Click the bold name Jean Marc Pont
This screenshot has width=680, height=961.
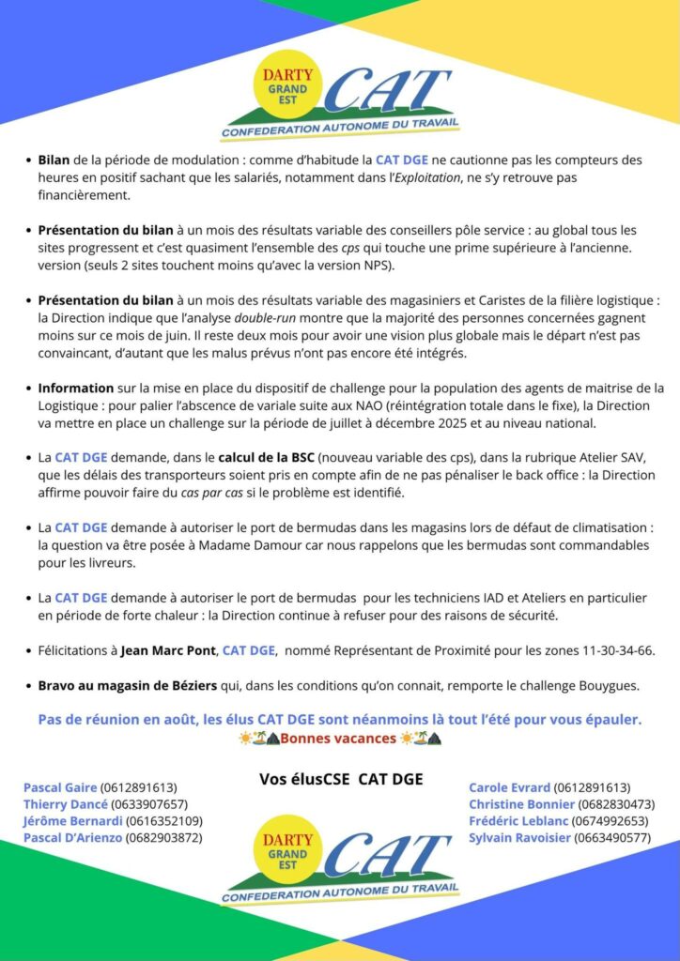[169, 649]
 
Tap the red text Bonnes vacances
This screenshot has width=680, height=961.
[338, 738]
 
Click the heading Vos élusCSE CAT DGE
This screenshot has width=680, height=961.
[340, 779]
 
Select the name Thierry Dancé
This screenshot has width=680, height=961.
[65, 804]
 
